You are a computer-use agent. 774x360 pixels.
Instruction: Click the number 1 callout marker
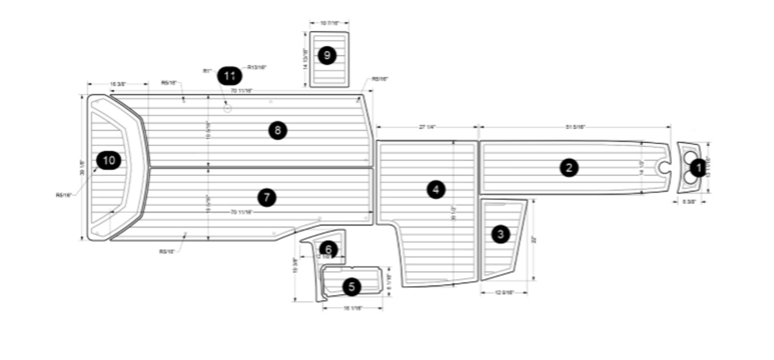(698, 168)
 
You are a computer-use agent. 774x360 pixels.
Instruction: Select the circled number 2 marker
(568, 168)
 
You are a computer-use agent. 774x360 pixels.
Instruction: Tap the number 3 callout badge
(500, 234)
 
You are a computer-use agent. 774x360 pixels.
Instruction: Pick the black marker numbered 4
(435, 190)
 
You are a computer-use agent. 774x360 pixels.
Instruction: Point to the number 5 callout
(352, 287)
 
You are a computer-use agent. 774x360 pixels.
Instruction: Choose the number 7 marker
(266, 197)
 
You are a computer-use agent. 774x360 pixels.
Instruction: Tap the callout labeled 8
(278, 130)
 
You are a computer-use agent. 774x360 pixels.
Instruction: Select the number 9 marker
(327, 56)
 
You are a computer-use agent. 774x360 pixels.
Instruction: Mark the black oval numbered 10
(109, 160)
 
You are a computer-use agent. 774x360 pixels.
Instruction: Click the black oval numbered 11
(229, 76)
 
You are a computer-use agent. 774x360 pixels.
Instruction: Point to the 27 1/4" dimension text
(428, 127)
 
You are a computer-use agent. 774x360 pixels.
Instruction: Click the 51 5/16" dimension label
(576, 127)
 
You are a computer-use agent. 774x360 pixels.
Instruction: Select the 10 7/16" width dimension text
(329, 23)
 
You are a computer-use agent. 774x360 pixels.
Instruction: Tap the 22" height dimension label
(534, 240)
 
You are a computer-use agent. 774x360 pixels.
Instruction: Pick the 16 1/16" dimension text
(353, 308)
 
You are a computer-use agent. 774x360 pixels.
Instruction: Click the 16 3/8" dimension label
(118, 83)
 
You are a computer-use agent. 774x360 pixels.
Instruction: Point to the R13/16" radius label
(257, 67)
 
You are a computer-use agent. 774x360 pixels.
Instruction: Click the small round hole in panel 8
(227, 110)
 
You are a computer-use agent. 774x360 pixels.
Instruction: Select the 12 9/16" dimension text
(504, 292)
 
